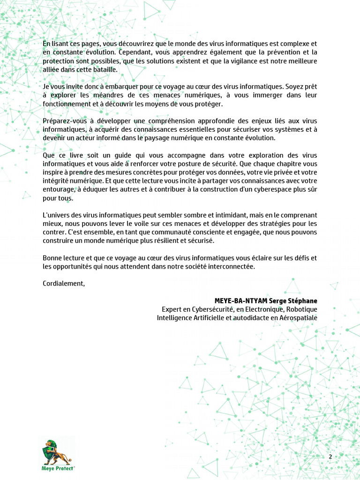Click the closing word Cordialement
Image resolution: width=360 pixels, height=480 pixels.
64,283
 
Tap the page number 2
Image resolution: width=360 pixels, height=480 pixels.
330,457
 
